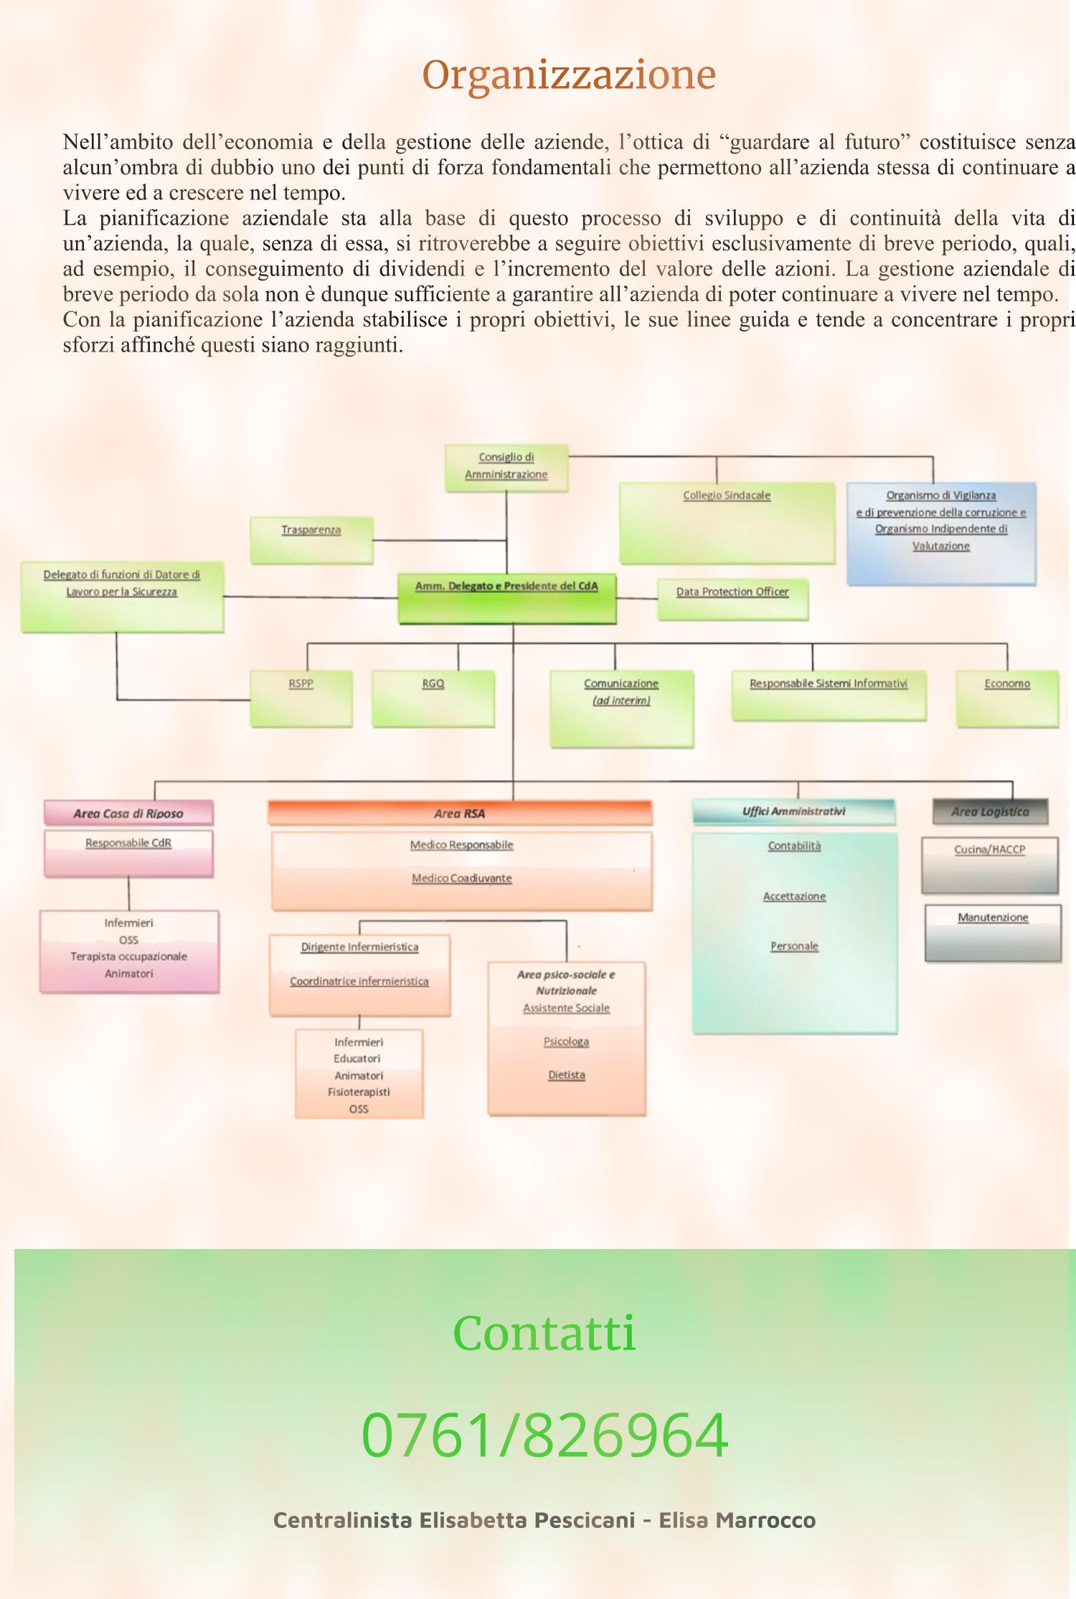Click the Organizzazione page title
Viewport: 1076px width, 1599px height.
569,75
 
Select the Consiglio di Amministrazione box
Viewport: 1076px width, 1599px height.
506,468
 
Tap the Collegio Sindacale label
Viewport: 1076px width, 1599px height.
727,495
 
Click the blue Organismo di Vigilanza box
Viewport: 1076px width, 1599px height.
941,534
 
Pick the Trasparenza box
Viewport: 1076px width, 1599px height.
311,539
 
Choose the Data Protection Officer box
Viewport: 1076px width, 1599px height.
732,599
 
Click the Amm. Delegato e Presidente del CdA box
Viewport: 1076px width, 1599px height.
507,598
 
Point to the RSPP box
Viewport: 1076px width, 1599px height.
301,699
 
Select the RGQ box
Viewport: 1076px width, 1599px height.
433,699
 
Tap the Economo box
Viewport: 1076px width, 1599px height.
1007,699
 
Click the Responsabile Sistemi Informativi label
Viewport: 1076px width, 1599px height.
829,684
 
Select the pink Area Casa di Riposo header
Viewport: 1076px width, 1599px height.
128,813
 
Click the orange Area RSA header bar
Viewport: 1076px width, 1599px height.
460,813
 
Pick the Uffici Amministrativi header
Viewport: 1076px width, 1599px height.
794,811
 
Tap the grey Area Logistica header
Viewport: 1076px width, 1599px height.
990,811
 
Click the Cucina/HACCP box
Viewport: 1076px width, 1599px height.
990,865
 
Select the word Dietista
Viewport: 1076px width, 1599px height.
567,1075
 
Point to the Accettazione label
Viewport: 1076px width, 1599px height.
794,896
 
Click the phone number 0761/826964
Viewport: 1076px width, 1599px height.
545,1435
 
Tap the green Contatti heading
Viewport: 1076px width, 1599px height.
544,1333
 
